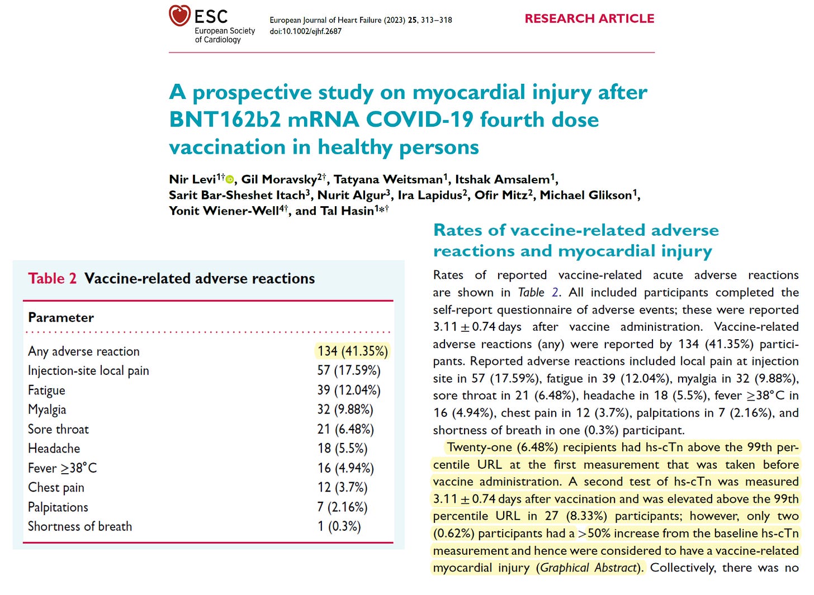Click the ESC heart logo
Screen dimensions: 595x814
click(x=180, y=16)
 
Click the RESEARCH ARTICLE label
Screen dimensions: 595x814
click(x=589, y=18)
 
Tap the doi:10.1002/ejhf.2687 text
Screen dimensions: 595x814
click(x=305, y=31)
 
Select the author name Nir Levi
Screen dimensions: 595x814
click(x=192, y=179)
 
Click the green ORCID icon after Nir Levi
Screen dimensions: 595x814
click(x=230, y=179)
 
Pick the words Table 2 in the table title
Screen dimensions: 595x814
click(x=52, y=278)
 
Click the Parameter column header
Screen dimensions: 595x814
click(x=61, y=317)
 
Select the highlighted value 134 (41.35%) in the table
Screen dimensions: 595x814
click(x=352, y=351)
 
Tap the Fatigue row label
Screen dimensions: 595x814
click(x=46, y=390)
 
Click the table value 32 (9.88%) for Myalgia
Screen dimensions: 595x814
click(x=345, y=410)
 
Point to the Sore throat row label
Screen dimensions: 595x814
click(x=58, y=429)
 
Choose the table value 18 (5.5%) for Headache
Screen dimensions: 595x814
click(x=342, y=449)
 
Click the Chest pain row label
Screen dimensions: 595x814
click(x=56, y=488)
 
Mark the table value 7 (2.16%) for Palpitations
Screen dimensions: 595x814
click(x=342, y=507)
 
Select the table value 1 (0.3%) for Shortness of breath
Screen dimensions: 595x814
click(x=339, y=526)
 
